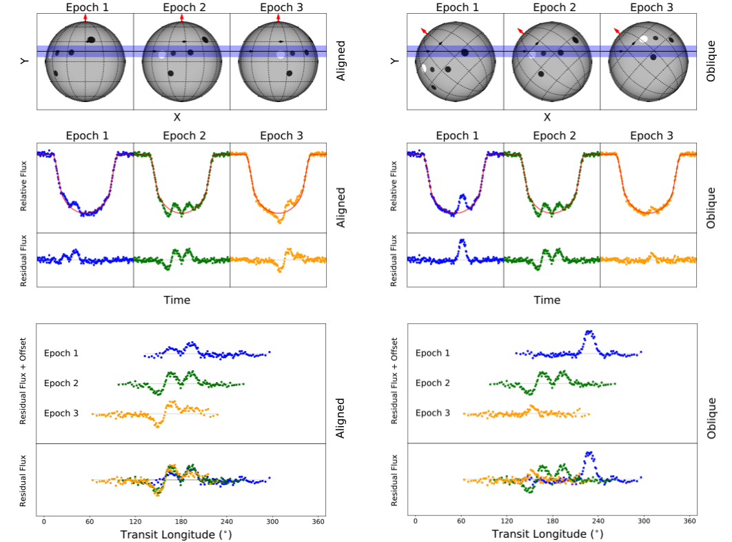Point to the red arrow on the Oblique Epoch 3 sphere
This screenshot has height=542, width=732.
[617, 31]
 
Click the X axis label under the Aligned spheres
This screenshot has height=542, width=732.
[177, 117]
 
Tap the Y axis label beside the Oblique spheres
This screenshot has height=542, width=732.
[395, 61]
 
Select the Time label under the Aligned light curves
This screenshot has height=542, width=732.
[177, 300]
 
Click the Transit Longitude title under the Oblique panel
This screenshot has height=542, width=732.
[547, 534]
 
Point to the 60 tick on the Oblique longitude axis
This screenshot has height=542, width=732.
[461, 521]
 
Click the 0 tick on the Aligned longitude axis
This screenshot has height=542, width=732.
[43, 521]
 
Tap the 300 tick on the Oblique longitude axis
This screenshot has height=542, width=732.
[644, 521]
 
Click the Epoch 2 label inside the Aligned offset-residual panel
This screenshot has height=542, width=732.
[61, 383]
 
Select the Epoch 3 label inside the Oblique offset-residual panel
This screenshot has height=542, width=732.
[433, 413]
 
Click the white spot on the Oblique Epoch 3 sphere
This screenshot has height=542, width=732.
[643, 40]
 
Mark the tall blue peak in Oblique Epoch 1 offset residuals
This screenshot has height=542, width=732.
[589, 334]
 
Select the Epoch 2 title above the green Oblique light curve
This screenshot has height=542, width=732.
[552, 136]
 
